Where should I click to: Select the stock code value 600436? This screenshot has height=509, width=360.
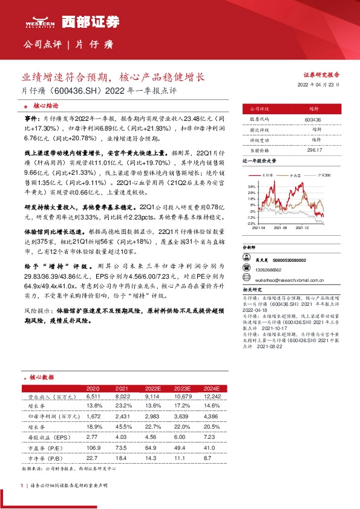tap(313, 120)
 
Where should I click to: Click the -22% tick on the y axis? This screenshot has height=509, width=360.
tap(251, 223)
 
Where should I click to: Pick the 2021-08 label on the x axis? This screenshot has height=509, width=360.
tap(280, 229)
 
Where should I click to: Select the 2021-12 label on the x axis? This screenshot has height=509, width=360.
tap(302, 229)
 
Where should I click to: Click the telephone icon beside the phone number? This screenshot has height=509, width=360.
tap(247, 267)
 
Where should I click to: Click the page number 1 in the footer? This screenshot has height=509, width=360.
tap(21, 485)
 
